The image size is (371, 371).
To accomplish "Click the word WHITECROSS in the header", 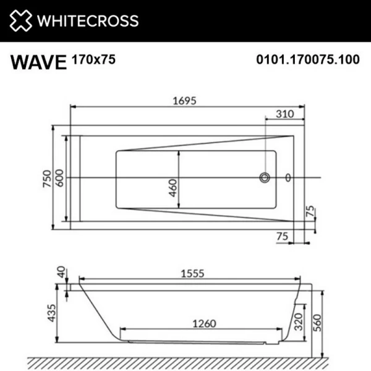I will (x=87, y=21).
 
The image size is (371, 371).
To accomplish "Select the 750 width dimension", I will (x=48, y=179).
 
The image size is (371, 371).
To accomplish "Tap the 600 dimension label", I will (x=61, y=179).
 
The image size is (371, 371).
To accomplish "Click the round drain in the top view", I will (x=265, y=178).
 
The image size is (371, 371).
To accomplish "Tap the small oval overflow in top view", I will (x=288, y=178).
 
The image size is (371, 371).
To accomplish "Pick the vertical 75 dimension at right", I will (x=311, y=213).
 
